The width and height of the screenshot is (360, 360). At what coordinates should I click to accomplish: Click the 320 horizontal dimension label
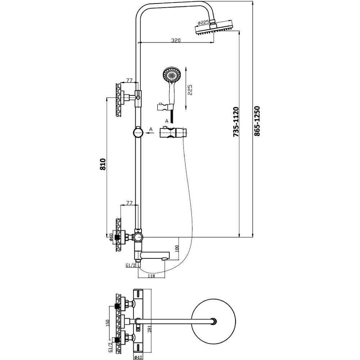click(x=176, y=40)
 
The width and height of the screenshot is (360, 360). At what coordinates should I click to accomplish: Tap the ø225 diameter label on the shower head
click(x=203, y=22)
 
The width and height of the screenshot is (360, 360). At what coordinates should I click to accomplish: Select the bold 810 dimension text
click(x=103, y=164)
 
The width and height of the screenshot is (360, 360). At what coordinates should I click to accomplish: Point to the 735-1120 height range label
click(x=236, y=122)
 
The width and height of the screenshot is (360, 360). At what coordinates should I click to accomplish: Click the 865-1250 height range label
click(x=257, y=121)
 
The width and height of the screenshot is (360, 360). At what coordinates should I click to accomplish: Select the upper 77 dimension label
click(x=130, y=80)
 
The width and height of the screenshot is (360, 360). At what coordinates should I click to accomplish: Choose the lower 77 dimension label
click(x=130, y=203)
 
